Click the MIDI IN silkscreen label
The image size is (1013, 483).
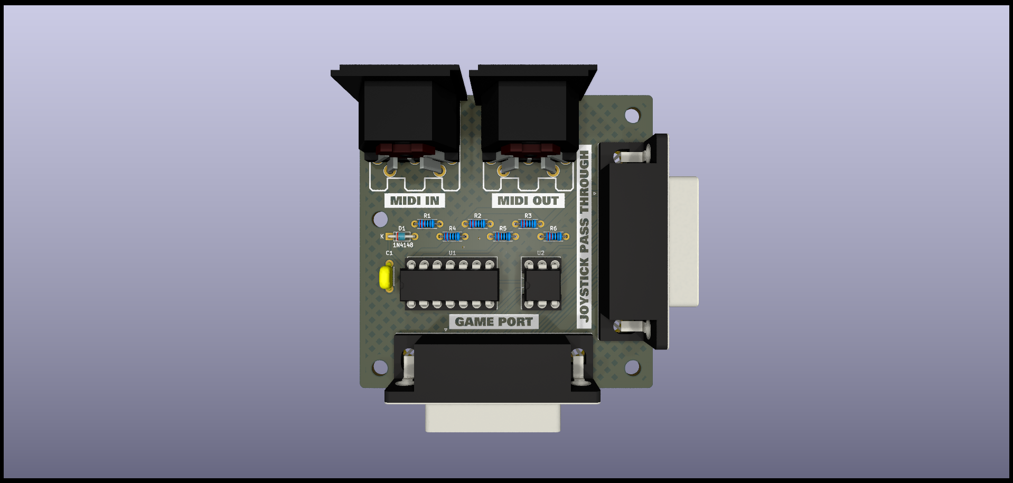click(x=415, y=201)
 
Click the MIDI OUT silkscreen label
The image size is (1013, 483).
click(x=528, y=201)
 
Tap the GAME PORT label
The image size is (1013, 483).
click(x=494, y=321)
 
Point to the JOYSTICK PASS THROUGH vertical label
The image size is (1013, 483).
click(x=584, y=236)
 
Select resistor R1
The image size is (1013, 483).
click(x=427, y=224)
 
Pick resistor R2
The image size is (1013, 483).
click(x=477, y=224)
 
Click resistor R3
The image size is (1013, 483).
click(x=528, y=224)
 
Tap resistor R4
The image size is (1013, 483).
click(x=452, y=236)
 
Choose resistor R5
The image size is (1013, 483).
click(x=503, y=236)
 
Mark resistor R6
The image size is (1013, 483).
click(x=553, y=236)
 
